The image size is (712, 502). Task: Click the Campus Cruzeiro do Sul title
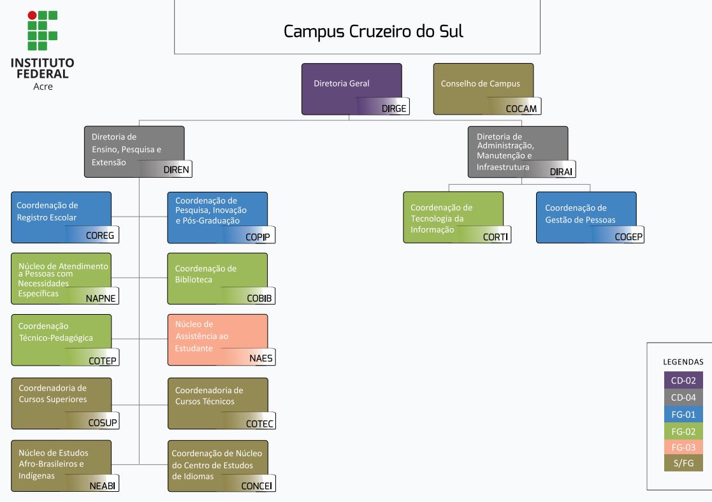tap(374, 31)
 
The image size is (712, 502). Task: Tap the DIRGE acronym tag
tap(394, 108)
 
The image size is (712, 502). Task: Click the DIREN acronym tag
tap(177, 170)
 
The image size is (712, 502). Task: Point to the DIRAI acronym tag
tap(562, 171)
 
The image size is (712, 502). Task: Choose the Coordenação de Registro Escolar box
tap(61, 217)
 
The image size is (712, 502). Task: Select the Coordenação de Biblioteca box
tap(217, 278)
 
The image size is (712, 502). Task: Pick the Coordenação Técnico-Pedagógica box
tap(61, 339)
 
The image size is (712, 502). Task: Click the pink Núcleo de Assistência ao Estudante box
tap(217, 339)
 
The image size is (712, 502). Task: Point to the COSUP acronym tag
tap(103, 423)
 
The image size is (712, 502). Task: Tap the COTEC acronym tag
tap(259, 424)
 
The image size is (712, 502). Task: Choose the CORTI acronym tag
tap(495, 237)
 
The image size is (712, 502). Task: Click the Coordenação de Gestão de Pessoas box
tap(585, 217)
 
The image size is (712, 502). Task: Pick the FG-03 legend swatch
tap(683, 447)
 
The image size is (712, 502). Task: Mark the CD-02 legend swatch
tap(683, 380)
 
